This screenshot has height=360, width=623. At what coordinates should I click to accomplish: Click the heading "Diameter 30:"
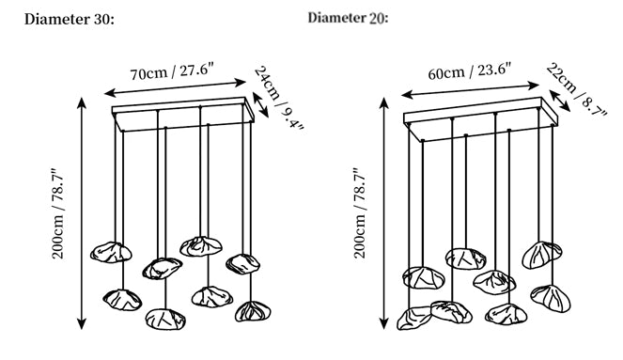(x=70, y=19)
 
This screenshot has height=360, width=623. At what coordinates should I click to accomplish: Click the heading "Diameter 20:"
(x=348, y=18)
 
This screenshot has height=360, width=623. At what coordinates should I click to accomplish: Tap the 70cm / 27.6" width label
(x=173, y=71)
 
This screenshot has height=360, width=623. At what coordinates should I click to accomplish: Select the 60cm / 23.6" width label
(x=469, y=71)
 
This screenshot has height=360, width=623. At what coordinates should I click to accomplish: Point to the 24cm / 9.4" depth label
(x=279, y=99)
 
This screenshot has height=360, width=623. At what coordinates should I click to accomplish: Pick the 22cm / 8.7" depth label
(x=577, y=89)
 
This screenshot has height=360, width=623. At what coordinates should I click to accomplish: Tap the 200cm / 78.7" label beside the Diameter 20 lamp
(x=360, y=213)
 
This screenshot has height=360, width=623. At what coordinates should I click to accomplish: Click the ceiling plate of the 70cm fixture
(x=183, y=114)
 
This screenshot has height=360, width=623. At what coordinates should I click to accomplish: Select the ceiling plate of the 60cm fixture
(x=481, y=118)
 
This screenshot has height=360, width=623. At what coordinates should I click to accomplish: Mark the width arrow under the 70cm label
(x=175, y=87)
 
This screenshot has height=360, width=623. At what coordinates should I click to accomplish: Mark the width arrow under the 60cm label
(x=470, y=90)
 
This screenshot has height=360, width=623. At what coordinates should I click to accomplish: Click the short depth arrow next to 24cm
(x=260, y=105)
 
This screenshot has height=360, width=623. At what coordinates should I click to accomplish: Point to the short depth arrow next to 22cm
(x=559, y=101)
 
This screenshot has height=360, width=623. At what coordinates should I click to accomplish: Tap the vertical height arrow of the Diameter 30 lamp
(x=82, y=213)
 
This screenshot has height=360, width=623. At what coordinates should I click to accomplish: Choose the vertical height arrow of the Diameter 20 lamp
(x=383, y=213)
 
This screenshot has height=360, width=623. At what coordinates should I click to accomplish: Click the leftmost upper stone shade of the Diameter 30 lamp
(x=111, y=252)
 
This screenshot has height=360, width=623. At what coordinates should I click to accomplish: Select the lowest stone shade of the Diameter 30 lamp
(x=165, y=319)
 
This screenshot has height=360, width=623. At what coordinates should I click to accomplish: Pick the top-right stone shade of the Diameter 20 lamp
(x=542, y=255)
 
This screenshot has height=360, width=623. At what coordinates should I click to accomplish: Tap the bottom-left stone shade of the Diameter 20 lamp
(x=414, y=318)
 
